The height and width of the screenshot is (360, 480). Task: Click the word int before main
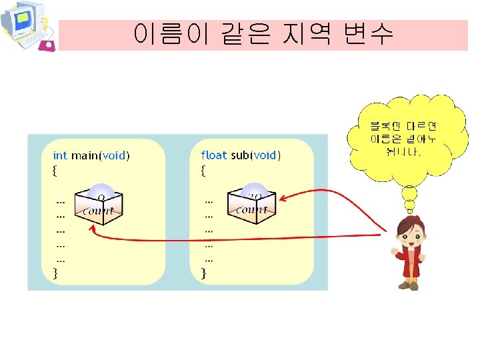(60, 155)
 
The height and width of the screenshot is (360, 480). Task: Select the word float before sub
(213, 155)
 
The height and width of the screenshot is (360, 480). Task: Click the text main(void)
(101, 155)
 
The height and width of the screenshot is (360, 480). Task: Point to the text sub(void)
(256, 155)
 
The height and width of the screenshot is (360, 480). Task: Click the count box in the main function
(99, 204)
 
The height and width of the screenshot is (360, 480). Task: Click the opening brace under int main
(55, 170)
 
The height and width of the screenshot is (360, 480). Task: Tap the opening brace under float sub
(203, 170)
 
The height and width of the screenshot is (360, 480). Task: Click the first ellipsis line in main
(61, 199)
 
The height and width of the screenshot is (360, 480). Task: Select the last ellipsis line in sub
(209, 258)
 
